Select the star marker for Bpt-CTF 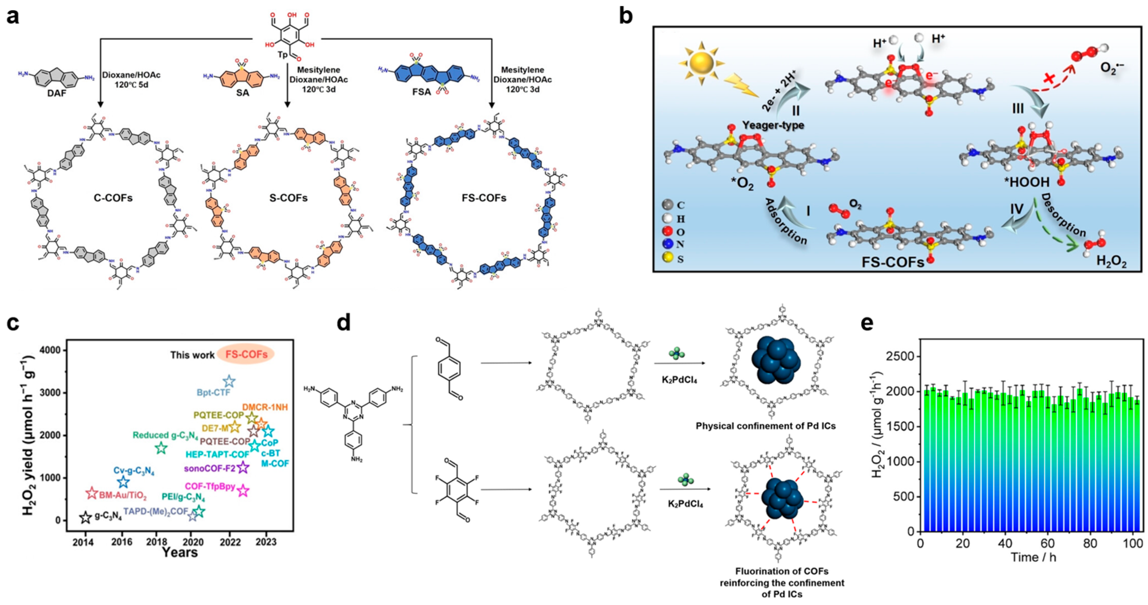pyautogui.click(x=229, y=381)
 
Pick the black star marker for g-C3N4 pyautogui.click(x=86, y=517)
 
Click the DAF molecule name pyautogui.click(x=57, y=94)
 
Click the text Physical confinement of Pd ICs pyautogui.click(x=766, y=426)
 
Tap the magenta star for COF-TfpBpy pyautogui.click(x=243, y=491)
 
